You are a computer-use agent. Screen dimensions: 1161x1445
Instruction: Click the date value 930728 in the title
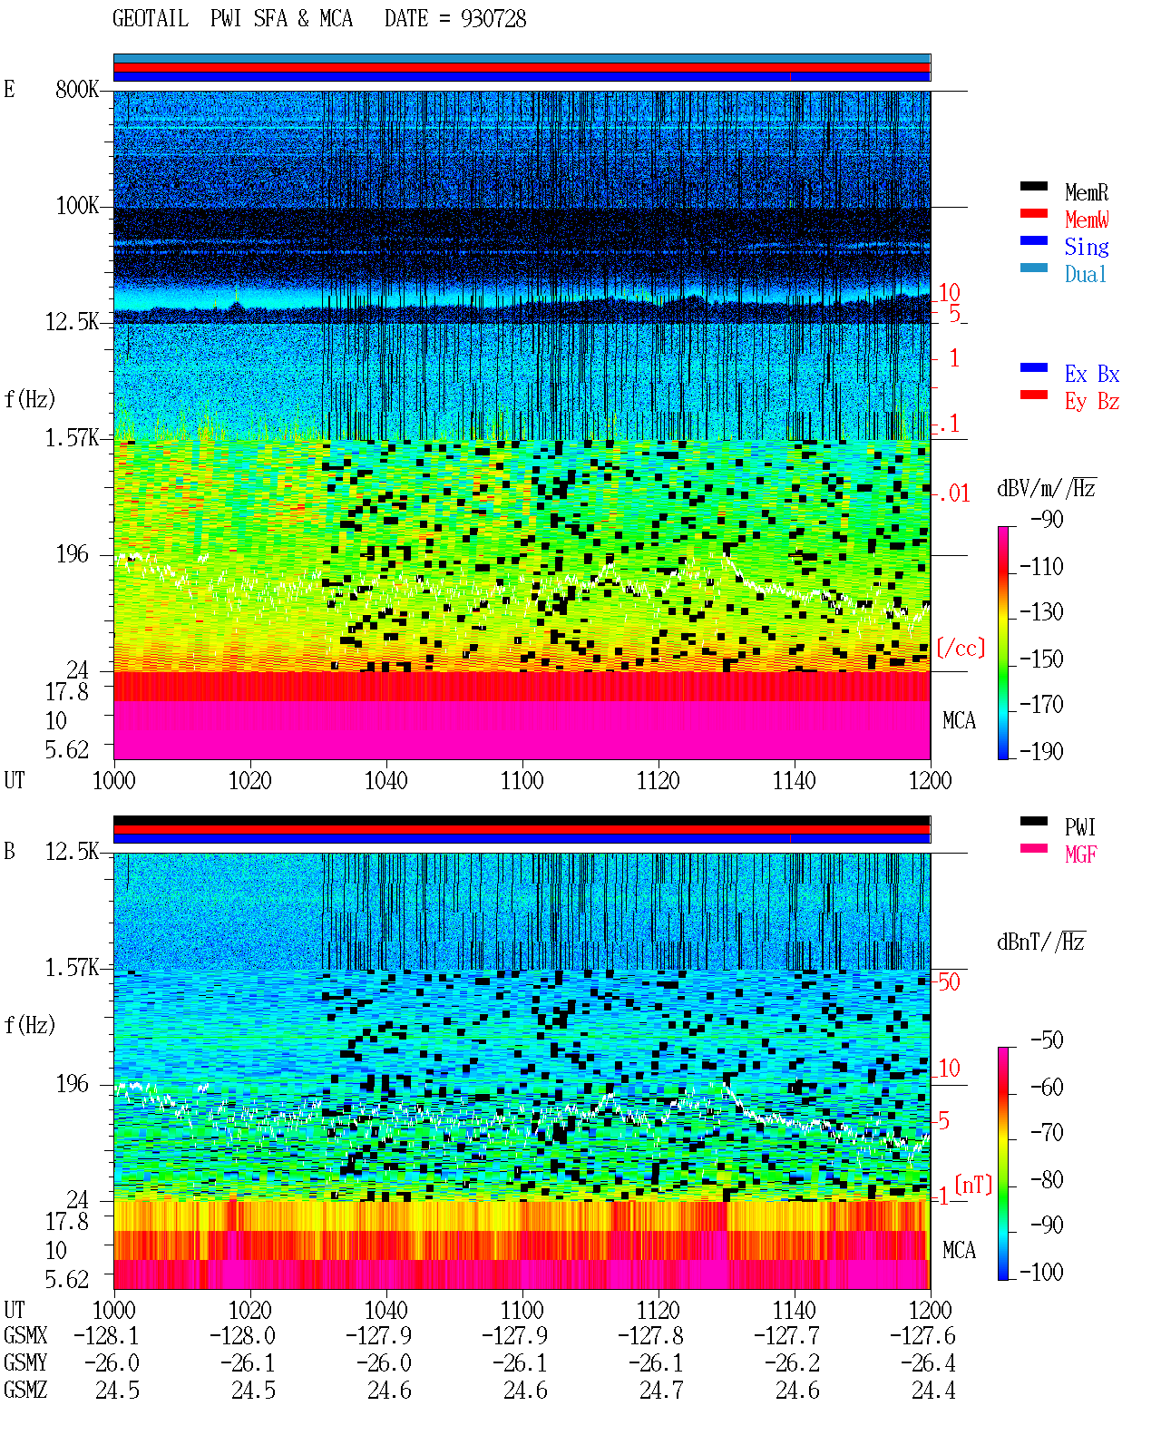pos(493,19)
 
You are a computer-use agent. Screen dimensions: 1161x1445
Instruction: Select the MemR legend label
pos(1086,192)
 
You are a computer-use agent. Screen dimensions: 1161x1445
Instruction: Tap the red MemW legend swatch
pos(1033,213)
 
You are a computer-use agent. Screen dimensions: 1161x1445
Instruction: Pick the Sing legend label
pos(1086,247)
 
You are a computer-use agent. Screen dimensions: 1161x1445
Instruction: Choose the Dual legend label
pos(1085,274)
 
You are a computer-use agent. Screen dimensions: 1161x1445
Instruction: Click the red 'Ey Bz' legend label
pos(1091,402)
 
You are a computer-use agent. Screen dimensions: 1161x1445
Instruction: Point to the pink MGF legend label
pos(1080,854)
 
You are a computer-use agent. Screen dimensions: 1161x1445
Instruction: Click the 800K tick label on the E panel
pos(77,89)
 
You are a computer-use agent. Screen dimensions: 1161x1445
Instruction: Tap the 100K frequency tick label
pos(77,206)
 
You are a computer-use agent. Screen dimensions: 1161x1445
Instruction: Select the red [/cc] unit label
pos(961,648)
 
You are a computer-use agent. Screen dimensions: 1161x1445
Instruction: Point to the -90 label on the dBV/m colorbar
pos(1047,519)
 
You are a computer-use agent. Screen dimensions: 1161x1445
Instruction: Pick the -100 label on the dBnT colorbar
pos(1041,1272)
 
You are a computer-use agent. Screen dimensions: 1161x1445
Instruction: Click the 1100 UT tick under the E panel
pos(522,780)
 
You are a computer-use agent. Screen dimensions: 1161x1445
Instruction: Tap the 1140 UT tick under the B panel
pos(795,1309)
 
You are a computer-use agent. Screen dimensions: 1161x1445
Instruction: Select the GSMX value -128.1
pos(106,1335)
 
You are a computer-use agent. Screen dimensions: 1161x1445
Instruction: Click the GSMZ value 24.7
pos(661,1390)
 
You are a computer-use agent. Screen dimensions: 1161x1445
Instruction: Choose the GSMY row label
pos(25,1362)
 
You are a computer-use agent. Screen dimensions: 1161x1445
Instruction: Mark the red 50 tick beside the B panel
pos(949,981)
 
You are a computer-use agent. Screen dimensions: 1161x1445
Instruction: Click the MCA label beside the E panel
pos(959,720)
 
